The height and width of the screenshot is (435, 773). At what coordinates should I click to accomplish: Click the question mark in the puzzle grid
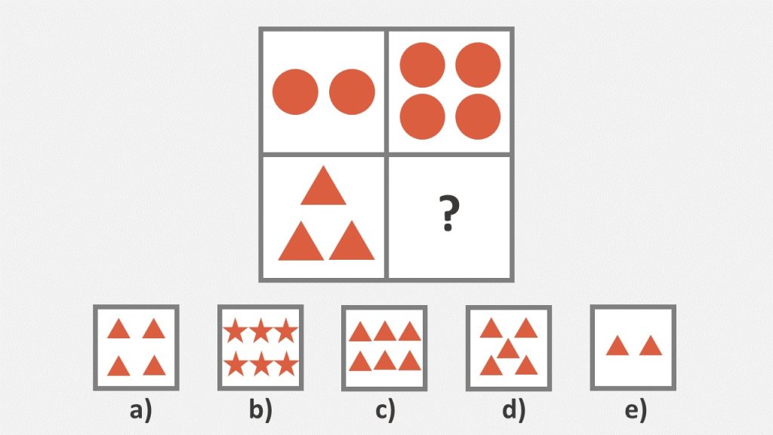[x=449, y=214]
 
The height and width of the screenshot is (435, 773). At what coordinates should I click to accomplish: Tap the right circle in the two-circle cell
[x=353, y=92]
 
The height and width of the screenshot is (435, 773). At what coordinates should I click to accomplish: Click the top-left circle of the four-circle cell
[x=423, y=65]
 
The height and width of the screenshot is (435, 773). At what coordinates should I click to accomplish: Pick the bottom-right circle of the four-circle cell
[x=479, y=116]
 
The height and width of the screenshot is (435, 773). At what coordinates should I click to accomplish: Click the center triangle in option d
[x=508, y=349]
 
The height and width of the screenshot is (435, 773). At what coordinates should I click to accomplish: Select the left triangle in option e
[x=617, y=347]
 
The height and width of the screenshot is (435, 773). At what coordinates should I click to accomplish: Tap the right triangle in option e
[x=650, y=347]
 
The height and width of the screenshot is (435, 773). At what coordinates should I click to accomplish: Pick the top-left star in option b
[x=236, y=330]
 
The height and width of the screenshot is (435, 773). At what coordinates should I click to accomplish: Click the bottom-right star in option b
[x=285, y=365]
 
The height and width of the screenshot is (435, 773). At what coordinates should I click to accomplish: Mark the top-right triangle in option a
[x=154, y=330]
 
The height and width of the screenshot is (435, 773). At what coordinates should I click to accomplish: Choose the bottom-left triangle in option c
[x=359, y=362]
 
